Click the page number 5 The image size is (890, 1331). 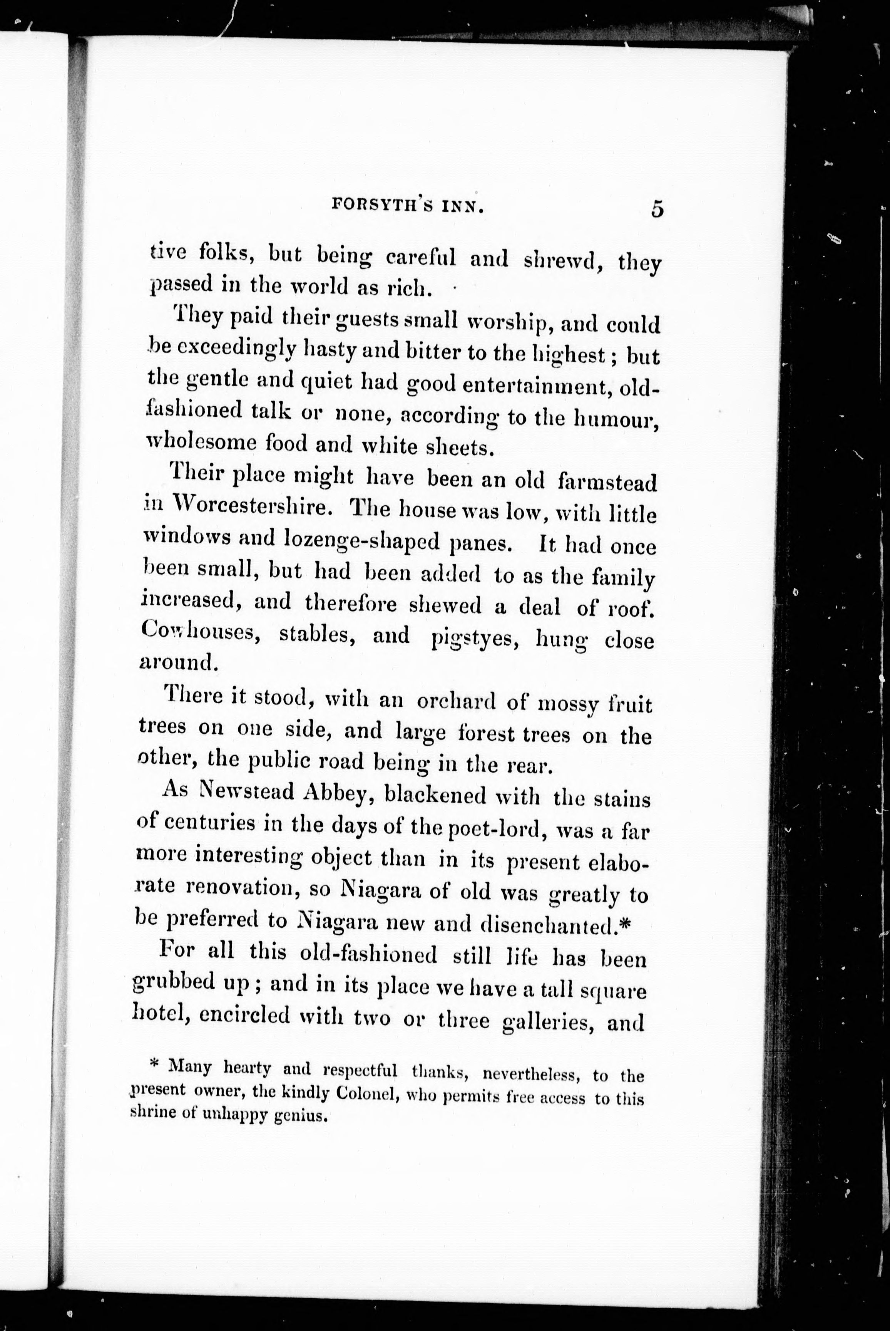pyautogui.click(x=657, y=209)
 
